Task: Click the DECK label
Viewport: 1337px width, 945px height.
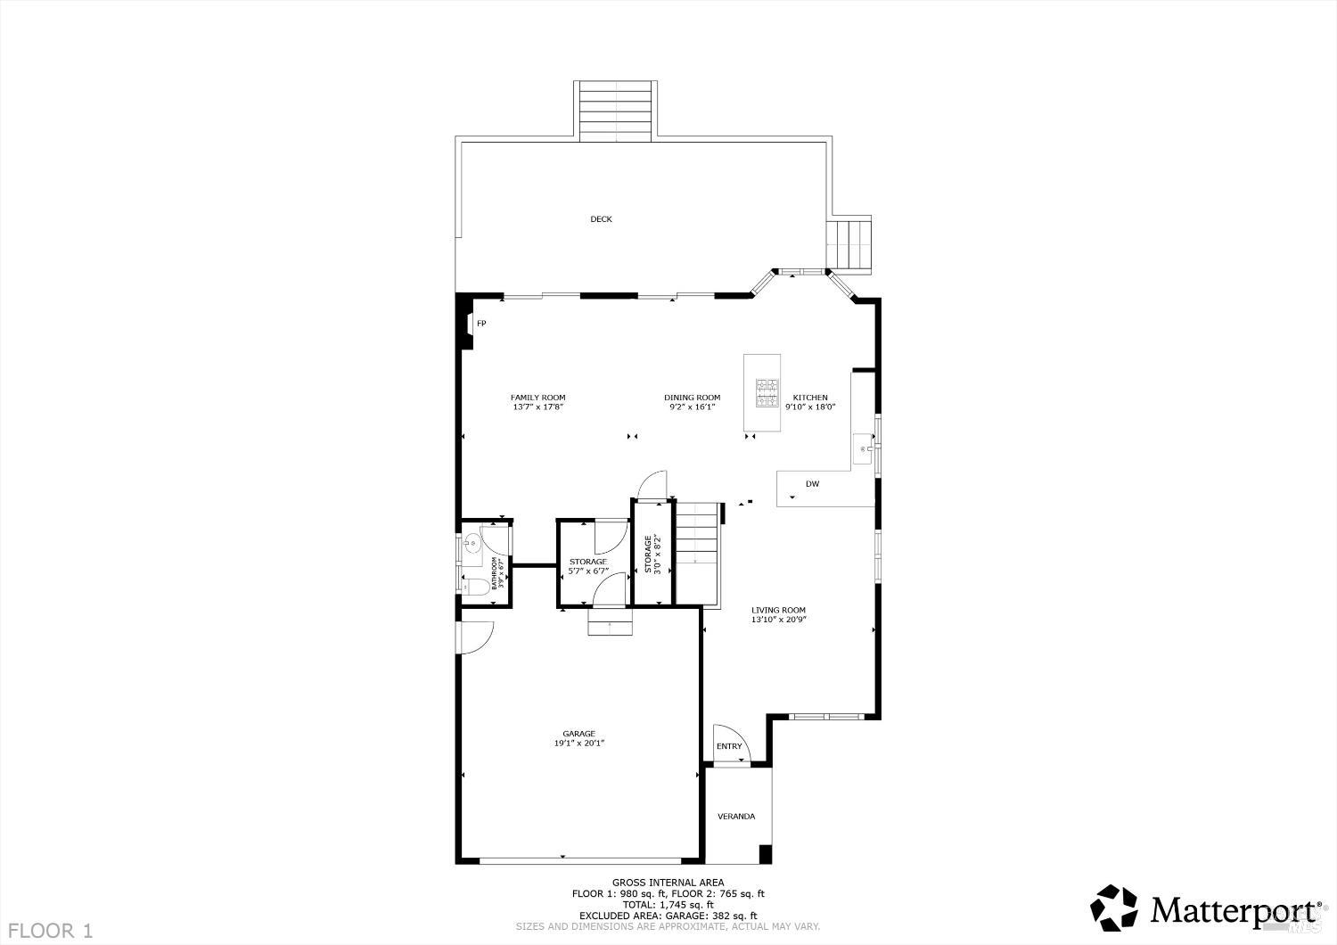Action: [601, 219]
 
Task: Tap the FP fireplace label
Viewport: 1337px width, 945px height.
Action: [481, 324]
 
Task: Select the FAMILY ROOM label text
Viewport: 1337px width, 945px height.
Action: [537, 398]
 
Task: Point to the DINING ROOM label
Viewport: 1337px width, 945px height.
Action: [692, 398]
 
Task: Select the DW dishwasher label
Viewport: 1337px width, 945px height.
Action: [812, 484]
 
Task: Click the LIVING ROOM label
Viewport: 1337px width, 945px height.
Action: [778, 611]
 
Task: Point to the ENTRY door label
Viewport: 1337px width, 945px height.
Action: [729, 746]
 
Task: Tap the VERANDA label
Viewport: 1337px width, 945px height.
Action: [736, 816]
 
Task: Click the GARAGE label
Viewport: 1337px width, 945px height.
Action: [578, 734]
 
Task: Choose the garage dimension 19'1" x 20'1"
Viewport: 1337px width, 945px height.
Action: [578, 744]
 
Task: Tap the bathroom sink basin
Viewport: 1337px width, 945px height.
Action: [470, 542]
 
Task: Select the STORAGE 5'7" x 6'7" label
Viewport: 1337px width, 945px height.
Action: [587, 566]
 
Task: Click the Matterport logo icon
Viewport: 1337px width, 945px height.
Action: [1115, 908]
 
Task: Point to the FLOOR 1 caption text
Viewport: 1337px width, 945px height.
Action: [51, 931]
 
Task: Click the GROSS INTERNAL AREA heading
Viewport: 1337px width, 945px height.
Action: [668, 883]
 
